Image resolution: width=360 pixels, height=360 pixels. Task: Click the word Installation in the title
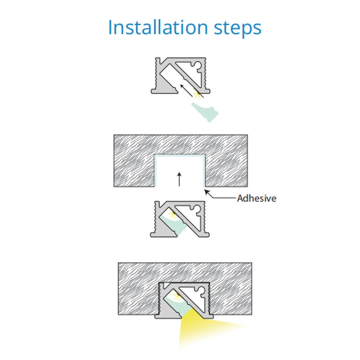click(x=158, y=27)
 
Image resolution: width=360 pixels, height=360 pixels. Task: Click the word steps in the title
click(x=238, y=29)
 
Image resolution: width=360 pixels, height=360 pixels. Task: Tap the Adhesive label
click(x=256, y=198)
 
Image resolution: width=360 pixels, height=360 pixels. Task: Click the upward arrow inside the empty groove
click(x=180, y=179)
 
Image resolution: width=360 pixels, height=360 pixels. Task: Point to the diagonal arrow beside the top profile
click(x=186, y=90)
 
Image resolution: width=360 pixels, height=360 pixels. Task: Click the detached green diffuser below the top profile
click(x=205, y=112)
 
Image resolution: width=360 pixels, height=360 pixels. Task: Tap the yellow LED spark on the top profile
click(x=197, y=94)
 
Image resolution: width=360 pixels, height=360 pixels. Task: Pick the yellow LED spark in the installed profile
click(x=177, y=295)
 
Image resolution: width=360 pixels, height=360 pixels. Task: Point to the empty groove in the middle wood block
click(x=180, y=171)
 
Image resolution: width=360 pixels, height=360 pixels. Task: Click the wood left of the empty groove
click(x=134, y=161)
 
